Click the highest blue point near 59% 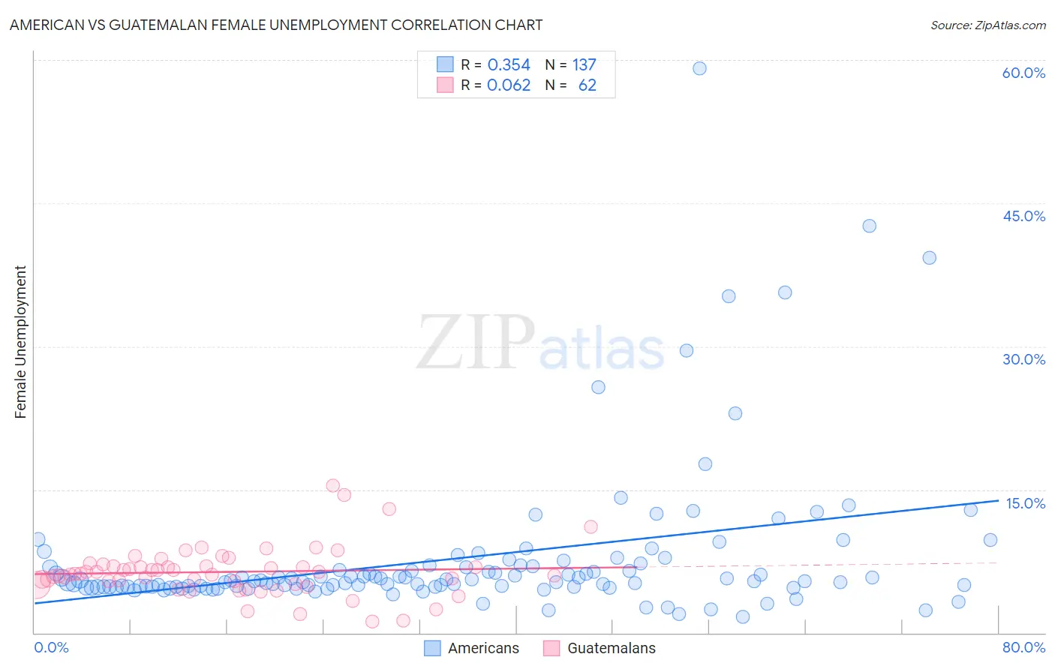699,68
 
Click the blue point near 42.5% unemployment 869,226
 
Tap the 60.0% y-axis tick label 1023,73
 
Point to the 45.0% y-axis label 1023,216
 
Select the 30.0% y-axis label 1023,359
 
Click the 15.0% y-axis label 1025,503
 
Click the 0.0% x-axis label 51,648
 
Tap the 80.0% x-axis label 1023,648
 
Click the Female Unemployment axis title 20,342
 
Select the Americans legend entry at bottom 483,649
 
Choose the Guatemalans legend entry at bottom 611,649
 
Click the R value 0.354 509,65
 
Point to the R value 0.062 509,85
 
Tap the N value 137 585,65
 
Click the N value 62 587,85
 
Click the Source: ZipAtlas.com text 987,25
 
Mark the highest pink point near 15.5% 333,485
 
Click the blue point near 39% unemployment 929,258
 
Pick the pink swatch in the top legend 445,85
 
